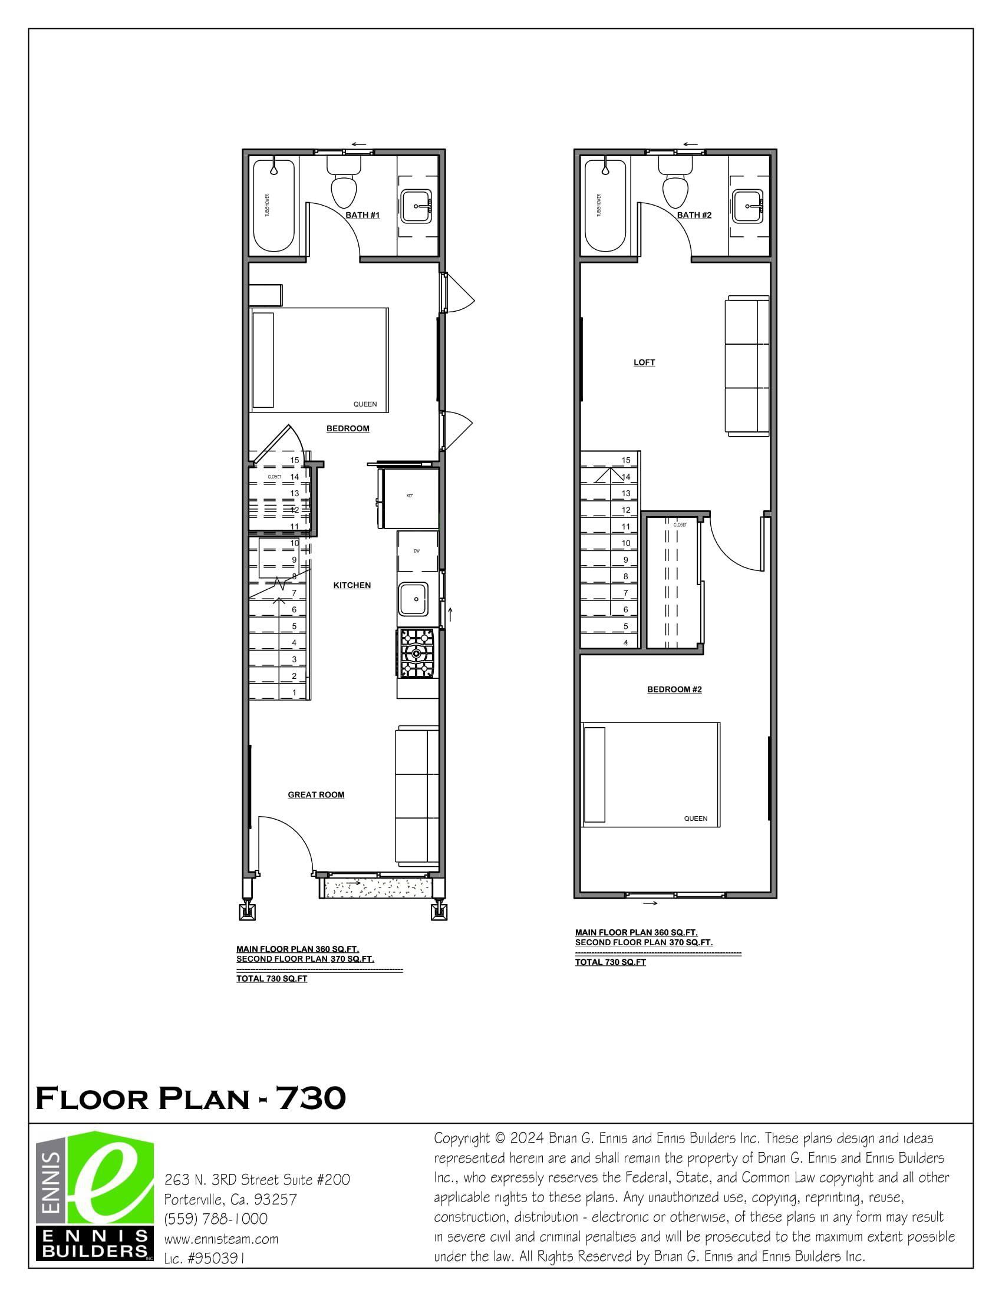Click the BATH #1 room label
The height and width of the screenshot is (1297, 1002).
click(362, 215)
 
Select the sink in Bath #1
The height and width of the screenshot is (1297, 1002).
click(415, 206)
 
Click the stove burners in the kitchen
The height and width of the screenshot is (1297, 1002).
click(417, 654)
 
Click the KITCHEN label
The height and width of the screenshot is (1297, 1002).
click(352, 586)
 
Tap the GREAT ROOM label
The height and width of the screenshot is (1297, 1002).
click(316, 795)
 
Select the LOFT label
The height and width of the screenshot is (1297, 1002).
click(644, 363)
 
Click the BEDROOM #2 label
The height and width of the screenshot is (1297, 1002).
click(674, 689)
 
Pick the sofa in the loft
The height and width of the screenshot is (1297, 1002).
click(747, 367)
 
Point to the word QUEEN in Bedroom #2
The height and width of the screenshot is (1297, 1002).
click(696, 819)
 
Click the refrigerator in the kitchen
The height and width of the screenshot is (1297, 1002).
click(410, 498)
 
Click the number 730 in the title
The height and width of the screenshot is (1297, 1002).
click(311, 1098)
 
